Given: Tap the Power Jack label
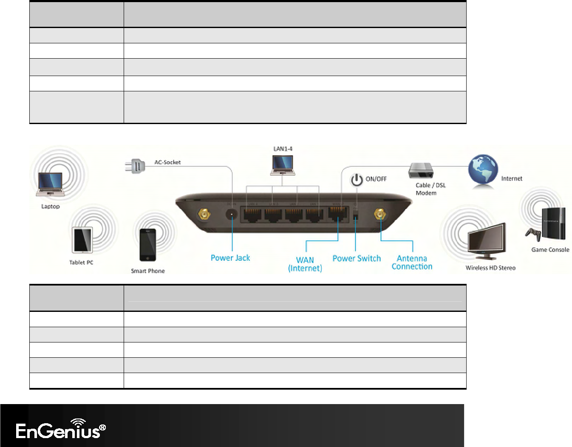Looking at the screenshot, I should (x=230, y=258).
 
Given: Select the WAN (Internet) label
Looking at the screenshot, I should (x=305, y=264).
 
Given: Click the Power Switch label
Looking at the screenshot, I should (x=357, y=258).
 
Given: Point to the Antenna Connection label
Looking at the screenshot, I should (x=412, y=263).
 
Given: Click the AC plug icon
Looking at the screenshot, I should (x=135, y=165).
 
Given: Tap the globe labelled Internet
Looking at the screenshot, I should (x=483, y=170).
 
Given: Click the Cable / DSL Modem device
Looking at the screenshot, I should (x=420, y=171).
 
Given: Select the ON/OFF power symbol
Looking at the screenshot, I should (x=357, y=180).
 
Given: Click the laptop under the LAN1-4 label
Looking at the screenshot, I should (x=283, y=166).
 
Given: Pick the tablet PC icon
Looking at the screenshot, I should (x=82, y=240).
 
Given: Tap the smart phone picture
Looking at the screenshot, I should (x=147, y=245).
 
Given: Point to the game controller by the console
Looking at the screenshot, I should (x=533, y=234).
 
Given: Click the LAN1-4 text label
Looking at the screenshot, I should (x=283, y=149).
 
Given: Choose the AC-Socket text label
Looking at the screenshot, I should (x=167, y=162).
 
